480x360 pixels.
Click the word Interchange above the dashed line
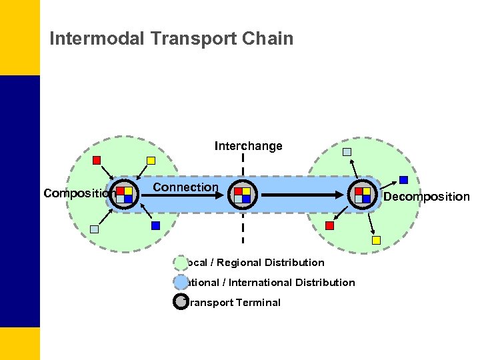click(x=248, y=146)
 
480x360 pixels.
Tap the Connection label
click(x=185, y=187)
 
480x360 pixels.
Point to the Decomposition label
click(x=426, y=197)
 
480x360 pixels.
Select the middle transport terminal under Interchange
click(x=242, y=195)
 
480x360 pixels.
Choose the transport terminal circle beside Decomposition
click(x=363, y=195)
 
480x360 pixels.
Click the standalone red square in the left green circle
click(x=97, y=160)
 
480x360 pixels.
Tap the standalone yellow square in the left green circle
click(x=151, y=160)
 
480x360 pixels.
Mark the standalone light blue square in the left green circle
click(x=94, y=229)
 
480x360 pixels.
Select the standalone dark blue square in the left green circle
click(x=155, y=225)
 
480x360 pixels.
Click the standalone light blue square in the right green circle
click(x=347, y=151)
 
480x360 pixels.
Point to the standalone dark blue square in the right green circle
click(x=403, y=179)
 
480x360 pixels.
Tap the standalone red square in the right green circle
click(x=329, y=225)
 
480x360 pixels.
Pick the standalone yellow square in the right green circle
click(x=376, y=240)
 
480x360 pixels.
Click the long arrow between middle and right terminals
click(x=303, y=195)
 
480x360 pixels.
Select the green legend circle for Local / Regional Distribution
click(x=181, y=263)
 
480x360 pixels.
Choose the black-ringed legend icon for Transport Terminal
click(x=181, y=302)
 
